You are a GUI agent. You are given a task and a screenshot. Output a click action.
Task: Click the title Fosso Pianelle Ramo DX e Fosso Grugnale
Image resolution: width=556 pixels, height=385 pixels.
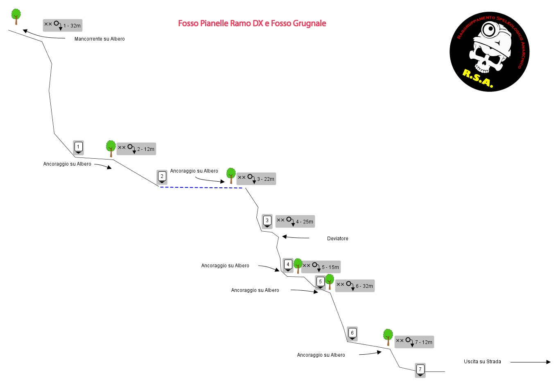click(x=252, y=23)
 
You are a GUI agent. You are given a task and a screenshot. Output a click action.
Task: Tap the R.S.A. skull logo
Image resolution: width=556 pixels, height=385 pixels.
click(x=489, y=52)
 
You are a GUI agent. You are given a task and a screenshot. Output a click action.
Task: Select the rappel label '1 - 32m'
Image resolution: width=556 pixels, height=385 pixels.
click(x=63, y=25)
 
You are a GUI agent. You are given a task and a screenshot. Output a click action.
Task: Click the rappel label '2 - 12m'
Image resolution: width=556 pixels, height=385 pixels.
click(x=136, y=149)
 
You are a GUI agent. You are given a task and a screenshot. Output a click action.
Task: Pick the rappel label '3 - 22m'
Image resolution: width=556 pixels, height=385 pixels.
click(x=256, y=179)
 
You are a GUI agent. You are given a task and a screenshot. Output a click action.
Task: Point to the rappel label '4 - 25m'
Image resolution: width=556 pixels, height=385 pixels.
click(x=295, y=221)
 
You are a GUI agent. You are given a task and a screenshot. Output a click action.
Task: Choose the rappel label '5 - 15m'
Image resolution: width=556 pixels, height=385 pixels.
click(x=321, y=267)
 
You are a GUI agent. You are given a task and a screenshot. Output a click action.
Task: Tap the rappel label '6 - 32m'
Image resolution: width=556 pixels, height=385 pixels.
click(x=355, y=286)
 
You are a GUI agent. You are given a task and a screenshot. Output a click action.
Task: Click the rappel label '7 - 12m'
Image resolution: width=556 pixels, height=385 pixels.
click(x=414, y=342)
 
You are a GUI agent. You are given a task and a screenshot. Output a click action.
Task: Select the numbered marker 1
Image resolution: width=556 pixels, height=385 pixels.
click(x=78, y=147)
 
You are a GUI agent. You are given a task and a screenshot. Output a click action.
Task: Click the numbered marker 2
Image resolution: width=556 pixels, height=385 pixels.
click(x=162, y=177)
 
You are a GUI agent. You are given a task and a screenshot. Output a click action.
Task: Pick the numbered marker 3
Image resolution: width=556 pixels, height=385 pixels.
click(x=267, y=221)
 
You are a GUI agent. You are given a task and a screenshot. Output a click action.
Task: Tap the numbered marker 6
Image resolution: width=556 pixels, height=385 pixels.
click(x=352, y=333)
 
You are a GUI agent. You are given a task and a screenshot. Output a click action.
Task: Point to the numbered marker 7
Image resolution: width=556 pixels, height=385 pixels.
click(x=420, y=370)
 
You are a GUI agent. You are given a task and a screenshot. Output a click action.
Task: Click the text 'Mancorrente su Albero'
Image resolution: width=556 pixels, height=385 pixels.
click(x=99, y=39)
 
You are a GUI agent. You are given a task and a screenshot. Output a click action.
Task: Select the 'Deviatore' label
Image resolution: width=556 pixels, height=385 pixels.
click(x=338, y=239)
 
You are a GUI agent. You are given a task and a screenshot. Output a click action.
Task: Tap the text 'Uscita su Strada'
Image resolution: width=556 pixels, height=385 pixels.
click(x=482, y=362)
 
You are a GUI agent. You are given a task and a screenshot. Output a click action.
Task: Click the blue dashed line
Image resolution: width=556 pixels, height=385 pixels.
click(x=201, y=188)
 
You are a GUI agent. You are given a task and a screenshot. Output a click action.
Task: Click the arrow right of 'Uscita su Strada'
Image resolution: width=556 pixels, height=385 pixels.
click(x=530, y=362)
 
